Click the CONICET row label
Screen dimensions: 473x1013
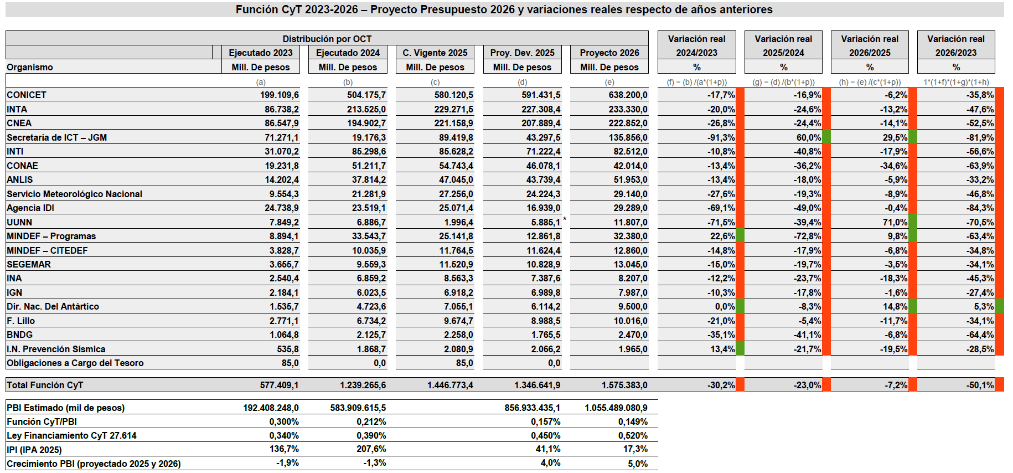(x=27, y=95)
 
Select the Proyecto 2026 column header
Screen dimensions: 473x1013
(x=609, y=53)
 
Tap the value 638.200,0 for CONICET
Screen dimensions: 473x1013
(x=628, y=95)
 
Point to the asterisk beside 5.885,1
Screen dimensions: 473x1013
(x=565, y=219)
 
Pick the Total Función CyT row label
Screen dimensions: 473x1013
(x=45, y=385)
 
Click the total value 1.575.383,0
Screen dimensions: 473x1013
(x=624, y=385)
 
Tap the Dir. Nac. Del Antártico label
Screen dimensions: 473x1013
(x=53, y=306)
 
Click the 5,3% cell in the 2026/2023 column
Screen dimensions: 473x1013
(x=984, y=306)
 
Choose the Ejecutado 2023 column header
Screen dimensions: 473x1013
(x=260, y=53)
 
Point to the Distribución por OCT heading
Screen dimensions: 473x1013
(x=327, y=39)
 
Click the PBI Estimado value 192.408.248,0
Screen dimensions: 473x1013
(x=271, y=408)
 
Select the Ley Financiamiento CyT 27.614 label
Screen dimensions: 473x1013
(x=71, y=435)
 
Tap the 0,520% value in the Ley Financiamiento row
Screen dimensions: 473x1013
(x=633, y=435)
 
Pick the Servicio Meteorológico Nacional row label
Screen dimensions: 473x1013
(x=74, y=194)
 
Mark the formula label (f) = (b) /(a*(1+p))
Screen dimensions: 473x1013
(x=696, y=82)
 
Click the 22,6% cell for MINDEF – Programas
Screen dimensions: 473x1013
(x=722, y=236)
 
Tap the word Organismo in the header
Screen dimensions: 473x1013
(x=30, y=67)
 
